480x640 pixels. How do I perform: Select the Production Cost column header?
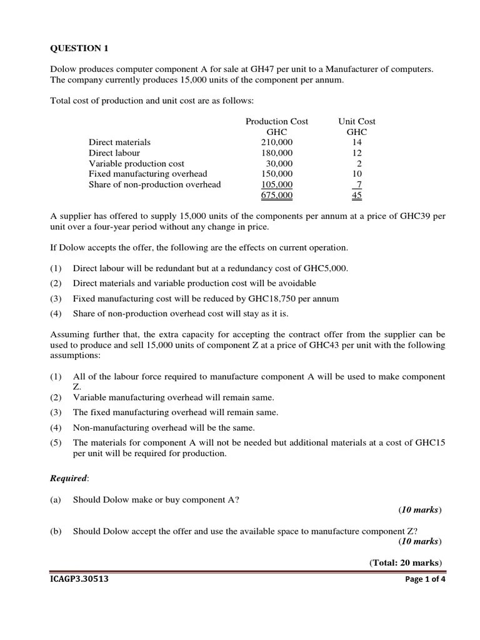point(276,121)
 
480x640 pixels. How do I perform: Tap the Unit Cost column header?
point(357,121)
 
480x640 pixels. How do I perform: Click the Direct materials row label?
point(119,142)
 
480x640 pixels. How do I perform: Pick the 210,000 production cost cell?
point(276,142)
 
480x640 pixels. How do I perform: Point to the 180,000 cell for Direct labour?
point(276,153)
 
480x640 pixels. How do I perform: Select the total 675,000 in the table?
point(276,196)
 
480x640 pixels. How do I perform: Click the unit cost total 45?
point(357,196)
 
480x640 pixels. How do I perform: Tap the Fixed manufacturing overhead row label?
point(147,174)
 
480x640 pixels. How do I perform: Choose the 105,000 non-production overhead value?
point(276,185)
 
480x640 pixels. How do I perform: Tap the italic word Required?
point(69,478)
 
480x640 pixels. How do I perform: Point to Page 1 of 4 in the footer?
point(425,579)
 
